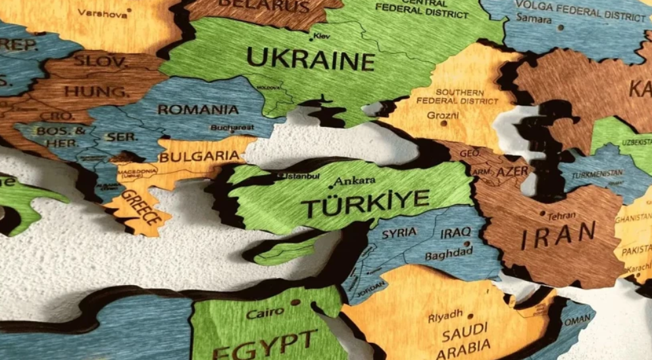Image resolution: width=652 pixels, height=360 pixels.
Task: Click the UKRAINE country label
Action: [x=310, y=60]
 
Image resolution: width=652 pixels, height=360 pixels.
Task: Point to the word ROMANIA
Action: [x=197, y=109]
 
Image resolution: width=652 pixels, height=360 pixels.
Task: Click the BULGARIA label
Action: [x=199, y=157]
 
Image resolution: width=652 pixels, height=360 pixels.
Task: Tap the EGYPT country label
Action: [x=263, y=344]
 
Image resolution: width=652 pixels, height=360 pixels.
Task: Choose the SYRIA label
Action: [x=399, y=232]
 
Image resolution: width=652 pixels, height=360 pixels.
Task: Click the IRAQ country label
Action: [x=455, y=233]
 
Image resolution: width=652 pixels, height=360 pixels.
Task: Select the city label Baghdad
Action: [x=449, y=253]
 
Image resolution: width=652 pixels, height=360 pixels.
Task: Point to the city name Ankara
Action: [x=355, y=180]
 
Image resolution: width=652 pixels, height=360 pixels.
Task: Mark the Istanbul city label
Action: [x=302, y=176]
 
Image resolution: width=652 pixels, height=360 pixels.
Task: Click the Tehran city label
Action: [x=561, y=215]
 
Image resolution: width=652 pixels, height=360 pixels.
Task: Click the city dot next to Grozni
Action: [x=443, y=123]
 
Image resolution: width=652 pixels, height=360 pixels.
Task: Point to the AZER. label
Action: [x=513, y=171]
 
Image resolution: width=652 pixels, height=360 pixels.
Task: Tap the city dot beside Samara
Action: [x=561, y=28]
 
